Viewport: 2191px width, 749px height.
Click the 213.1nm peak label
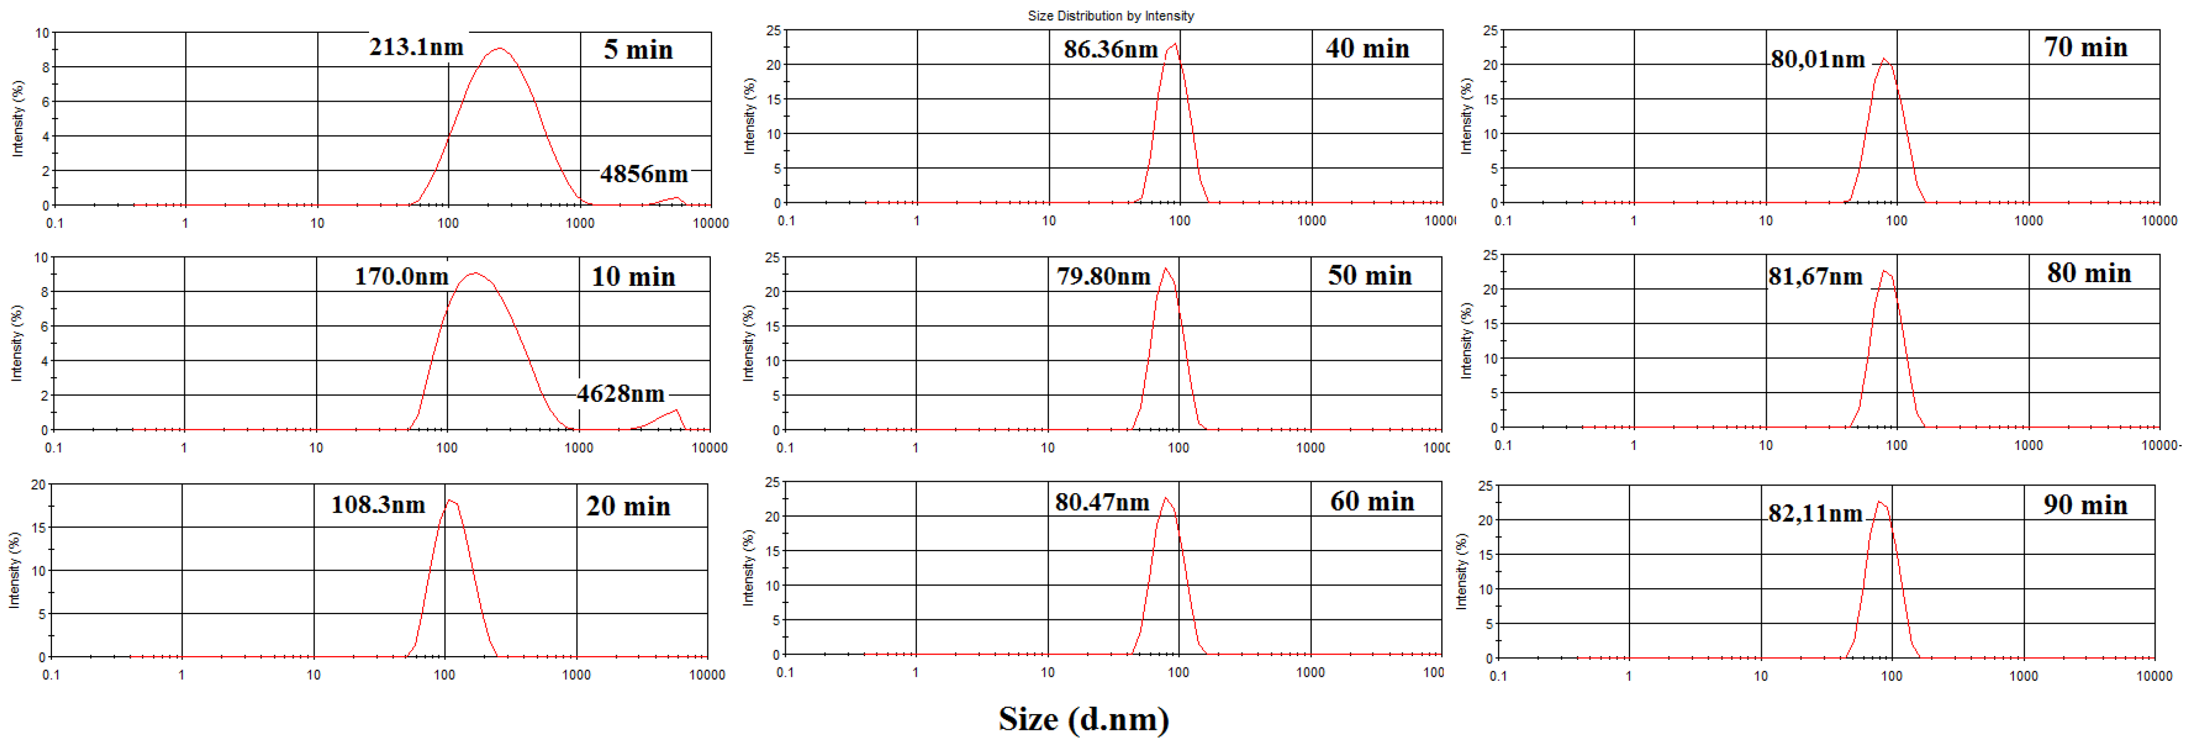point(416,47)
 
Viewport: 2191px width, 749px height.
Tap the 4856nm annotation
point(644,174)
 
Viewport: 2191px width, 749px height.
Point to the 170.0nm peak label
point(401,276)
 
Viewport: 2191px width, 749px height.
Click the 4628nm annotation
point(621,394)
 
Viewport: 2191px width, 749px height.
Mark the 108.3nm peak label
point(378,505)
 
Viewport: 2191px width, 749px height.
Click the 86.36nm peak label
point(1110,49)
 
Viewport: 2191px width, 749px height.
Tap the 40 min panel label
point(1367,49)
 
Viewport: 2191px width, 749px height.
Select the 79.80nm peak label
point(1103,276)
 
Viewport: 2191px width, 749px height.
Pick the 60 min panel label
point(1372,501)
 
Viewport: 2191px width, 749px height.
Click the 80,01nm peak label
point(1818,60)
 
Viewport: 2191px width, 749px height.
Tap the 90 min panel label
point(2085,505)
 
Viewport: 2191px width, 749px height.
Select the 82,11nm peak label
point(1815,513)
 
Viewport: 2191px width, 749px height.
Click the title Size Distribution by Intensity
point(1110,15)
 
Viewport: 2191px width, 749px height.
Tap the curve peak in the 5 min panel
point(499,49)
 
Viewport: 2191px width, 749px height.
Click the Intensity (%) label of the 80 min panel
point(1465,340)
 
